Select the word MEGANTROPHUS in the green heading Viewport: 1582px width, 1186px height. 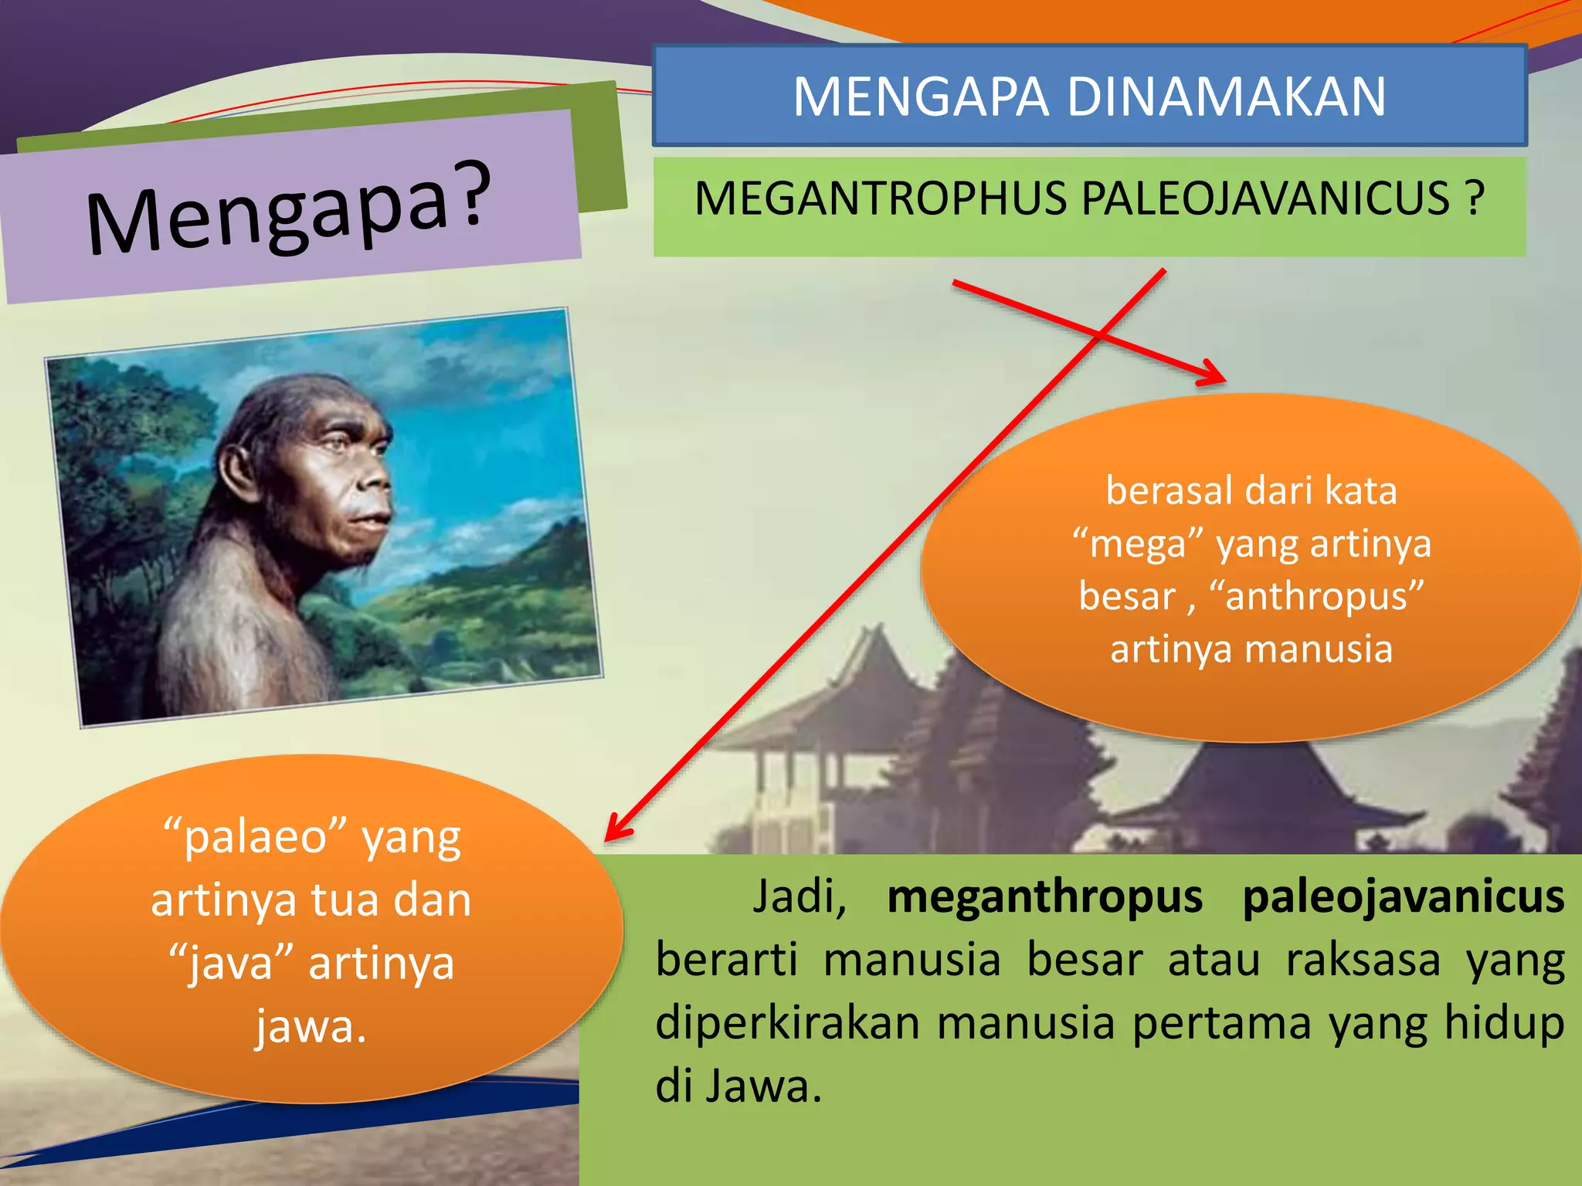click(x=881, y=198)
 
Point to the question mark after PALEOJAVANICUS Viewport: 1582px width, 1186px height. click(x=1475, y=198)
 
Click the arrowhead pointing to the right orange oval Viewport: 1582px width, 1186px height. click(x=1213, y=374)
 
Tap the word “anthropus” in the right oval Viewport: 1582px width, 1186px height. click(x=1316, y=596)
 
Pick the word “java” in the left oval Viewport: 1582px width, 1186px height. click(x=231, y=964)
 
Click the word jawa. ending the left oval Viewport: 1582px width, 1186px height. click(x=311, y=1027)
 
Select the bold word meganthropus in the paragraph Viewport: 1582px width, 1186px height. click(x=1044, y=897)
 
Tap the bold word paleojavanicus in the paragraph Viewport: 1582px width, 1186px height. click(x=1403, y=897)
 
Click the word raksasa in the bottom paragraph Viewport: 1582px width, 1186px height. click(x=1363, y=960)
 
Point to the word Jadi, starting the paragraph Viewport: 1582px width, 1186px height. click(x=799, y=897)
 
